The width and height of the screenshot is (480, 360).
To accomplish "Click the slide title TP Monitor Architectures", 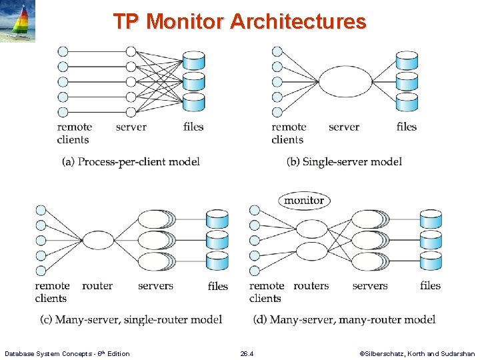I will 239,21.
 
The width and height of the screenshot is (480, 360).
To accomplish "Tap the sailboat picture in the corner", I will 18,22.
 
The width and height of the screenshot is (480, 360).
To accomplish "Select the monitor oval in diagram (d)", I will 303,200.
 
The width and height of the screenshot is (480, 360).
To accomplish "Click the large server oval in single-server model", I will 345,82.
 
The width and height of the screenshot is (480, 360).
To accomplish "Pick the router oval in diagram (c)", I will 97,240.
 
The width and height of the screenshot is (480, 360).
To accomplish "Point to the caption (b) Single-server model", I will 344,161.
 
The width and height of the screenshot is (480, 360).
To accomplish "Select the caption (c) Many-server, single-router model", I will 131,319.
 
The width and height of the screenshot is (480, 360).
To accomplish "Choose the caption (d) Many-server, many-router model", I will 344,319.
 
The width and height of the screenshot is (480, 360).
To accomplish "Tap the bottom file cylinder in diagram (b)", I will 407,102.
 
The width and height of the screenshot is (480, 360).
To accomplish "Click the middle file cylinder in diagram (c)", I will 217,239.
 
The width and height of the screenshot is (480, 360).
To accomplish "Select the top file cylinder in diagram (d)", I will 431,219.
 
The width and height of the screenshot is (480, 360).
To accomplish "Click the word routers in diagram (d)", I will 311,286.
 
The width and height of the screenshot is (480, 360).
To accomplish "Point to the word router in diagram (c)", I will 97,286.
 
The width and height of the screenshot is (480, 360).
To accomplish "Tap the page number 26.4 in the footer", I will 247,353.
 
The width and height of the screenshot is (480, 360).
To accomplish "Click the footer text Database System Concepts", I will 67,353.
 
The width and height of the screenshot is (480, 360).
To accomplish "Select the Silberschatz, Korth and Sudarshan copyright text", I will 417,353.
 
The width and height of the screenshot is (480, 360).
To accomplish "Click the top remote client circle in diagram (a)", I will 63,51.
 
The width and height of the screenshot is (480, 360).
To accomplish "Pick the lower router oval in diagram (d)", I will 311,251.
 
